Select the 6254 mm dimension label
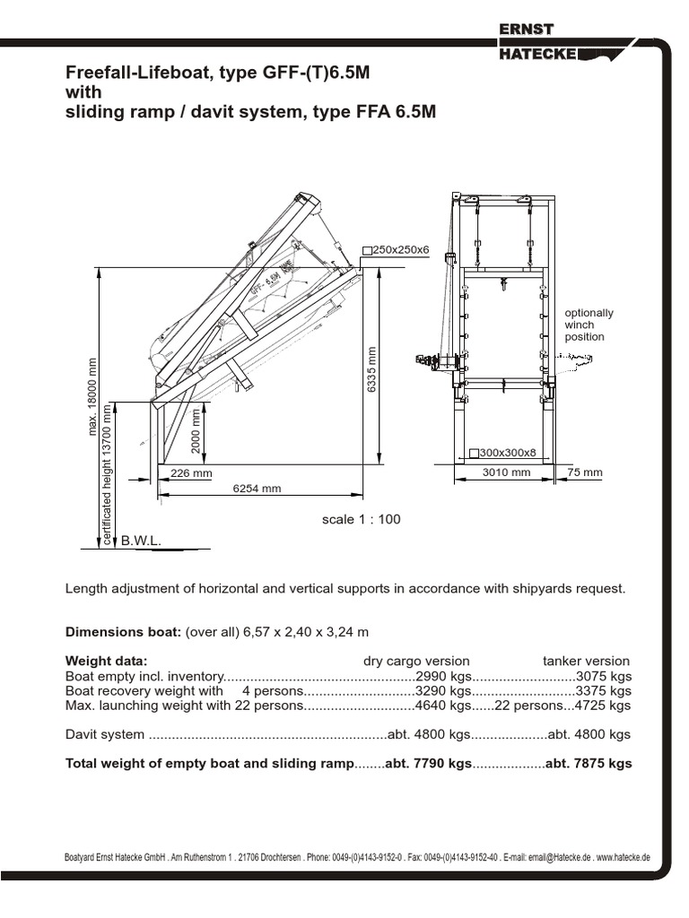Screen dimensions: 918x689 [x=257, y=489]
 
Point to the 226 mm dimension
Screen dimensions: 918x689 [x=191, y=473]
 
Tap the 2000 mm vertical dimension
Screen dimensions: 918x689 [x=196, y=431]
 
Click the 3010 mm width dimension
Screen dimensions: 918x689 [x=507, y=472]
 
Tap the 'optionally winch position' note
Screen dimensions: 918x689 [x=589, y=325]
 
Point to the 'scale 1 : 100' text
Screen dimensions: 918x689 [x=362, y=520]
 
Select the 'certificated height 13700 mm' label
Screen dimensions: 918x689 [x=107, y=474]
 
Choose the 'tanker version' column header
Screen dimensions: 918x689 [x=586, y=661]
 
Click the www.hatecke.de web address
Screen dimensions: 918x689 [x=624, y=857]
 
